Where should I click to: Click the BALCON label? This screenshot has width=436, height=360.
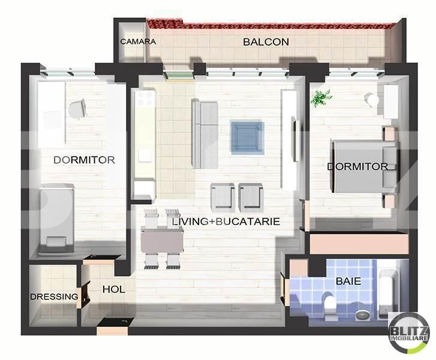(266, 42)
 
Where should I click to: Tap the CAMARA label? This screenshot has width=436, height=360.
(138, 42)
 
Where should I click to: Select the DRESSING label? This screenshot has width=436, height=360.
(54, 296)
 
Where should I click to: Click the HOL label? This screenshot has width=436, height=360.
(113, 289)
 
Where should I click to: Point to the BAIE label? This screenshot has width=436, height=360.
(348, 281)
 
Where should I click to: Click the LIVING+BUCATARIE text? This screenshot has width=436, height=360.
(225, 221)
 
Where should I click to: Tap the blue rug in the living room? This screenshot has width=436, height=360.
(247, 137)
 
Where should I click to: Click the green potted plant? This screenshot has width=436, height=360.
(321, 98)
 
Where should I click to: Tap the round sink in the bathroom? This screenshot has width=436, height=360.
(362, 315)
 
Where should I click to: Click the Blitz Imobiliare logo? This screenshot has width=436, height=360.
(408, 335)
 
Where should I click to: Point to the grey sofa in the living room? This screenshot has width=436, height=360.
(205, 134)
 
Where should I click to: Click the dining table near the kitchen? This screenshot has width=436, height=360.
(162, 240)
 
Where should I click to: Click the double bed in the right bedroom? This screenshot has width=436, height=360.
(365, 167)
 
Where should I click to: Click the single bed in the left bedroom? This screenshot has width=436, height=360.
(57, 218)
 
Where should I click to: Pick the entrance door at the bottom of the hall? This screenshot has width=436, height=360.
(112, 327)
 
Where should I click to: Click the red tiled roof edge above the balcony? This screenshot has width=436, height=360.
(270, 25)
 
